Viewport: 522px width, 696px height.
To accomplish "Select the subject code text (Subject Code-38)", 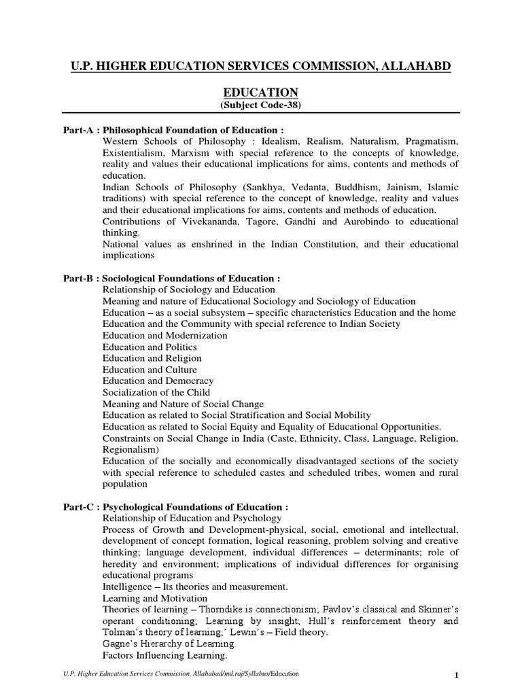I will pyautogui.click(x=261, y=105).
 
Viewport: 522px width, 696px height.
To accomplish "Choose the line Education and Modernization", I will pyautogui.click(x=165, y=336).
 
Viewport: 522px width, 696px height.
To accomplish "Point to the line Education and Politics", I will pyautogui.click(x=150, y=347).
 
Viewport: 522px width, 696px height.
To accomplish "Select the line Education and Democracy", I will pyautogui.click(x=158, y=381).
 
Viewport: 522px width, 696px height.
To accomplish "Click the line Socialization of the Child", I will pyautogui.click(x=156, y=393).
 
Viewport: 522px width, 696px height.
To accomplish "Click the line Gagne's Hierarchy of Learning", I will pyautogui.click(x=169, y=644).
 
